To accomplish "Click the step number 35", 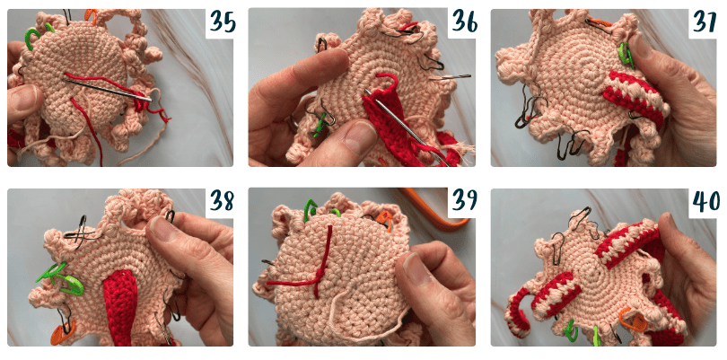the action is point(222,22).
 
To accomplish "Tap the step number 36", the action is point(463,22).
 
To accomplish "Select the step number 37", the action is point(705,22).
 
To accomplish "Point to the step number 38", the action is point(222,200).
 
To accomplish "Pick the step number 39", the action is point(463,200).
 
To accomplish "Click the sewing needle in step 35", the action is point(107,89).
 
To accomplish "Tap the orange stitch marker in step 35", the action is point(91,16).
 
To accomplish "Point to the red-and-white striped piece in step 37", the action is point(635,99).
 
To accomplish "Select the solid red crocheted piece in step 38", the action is point(118,309).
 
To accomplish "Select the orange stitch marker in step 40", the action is point(634,320).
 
